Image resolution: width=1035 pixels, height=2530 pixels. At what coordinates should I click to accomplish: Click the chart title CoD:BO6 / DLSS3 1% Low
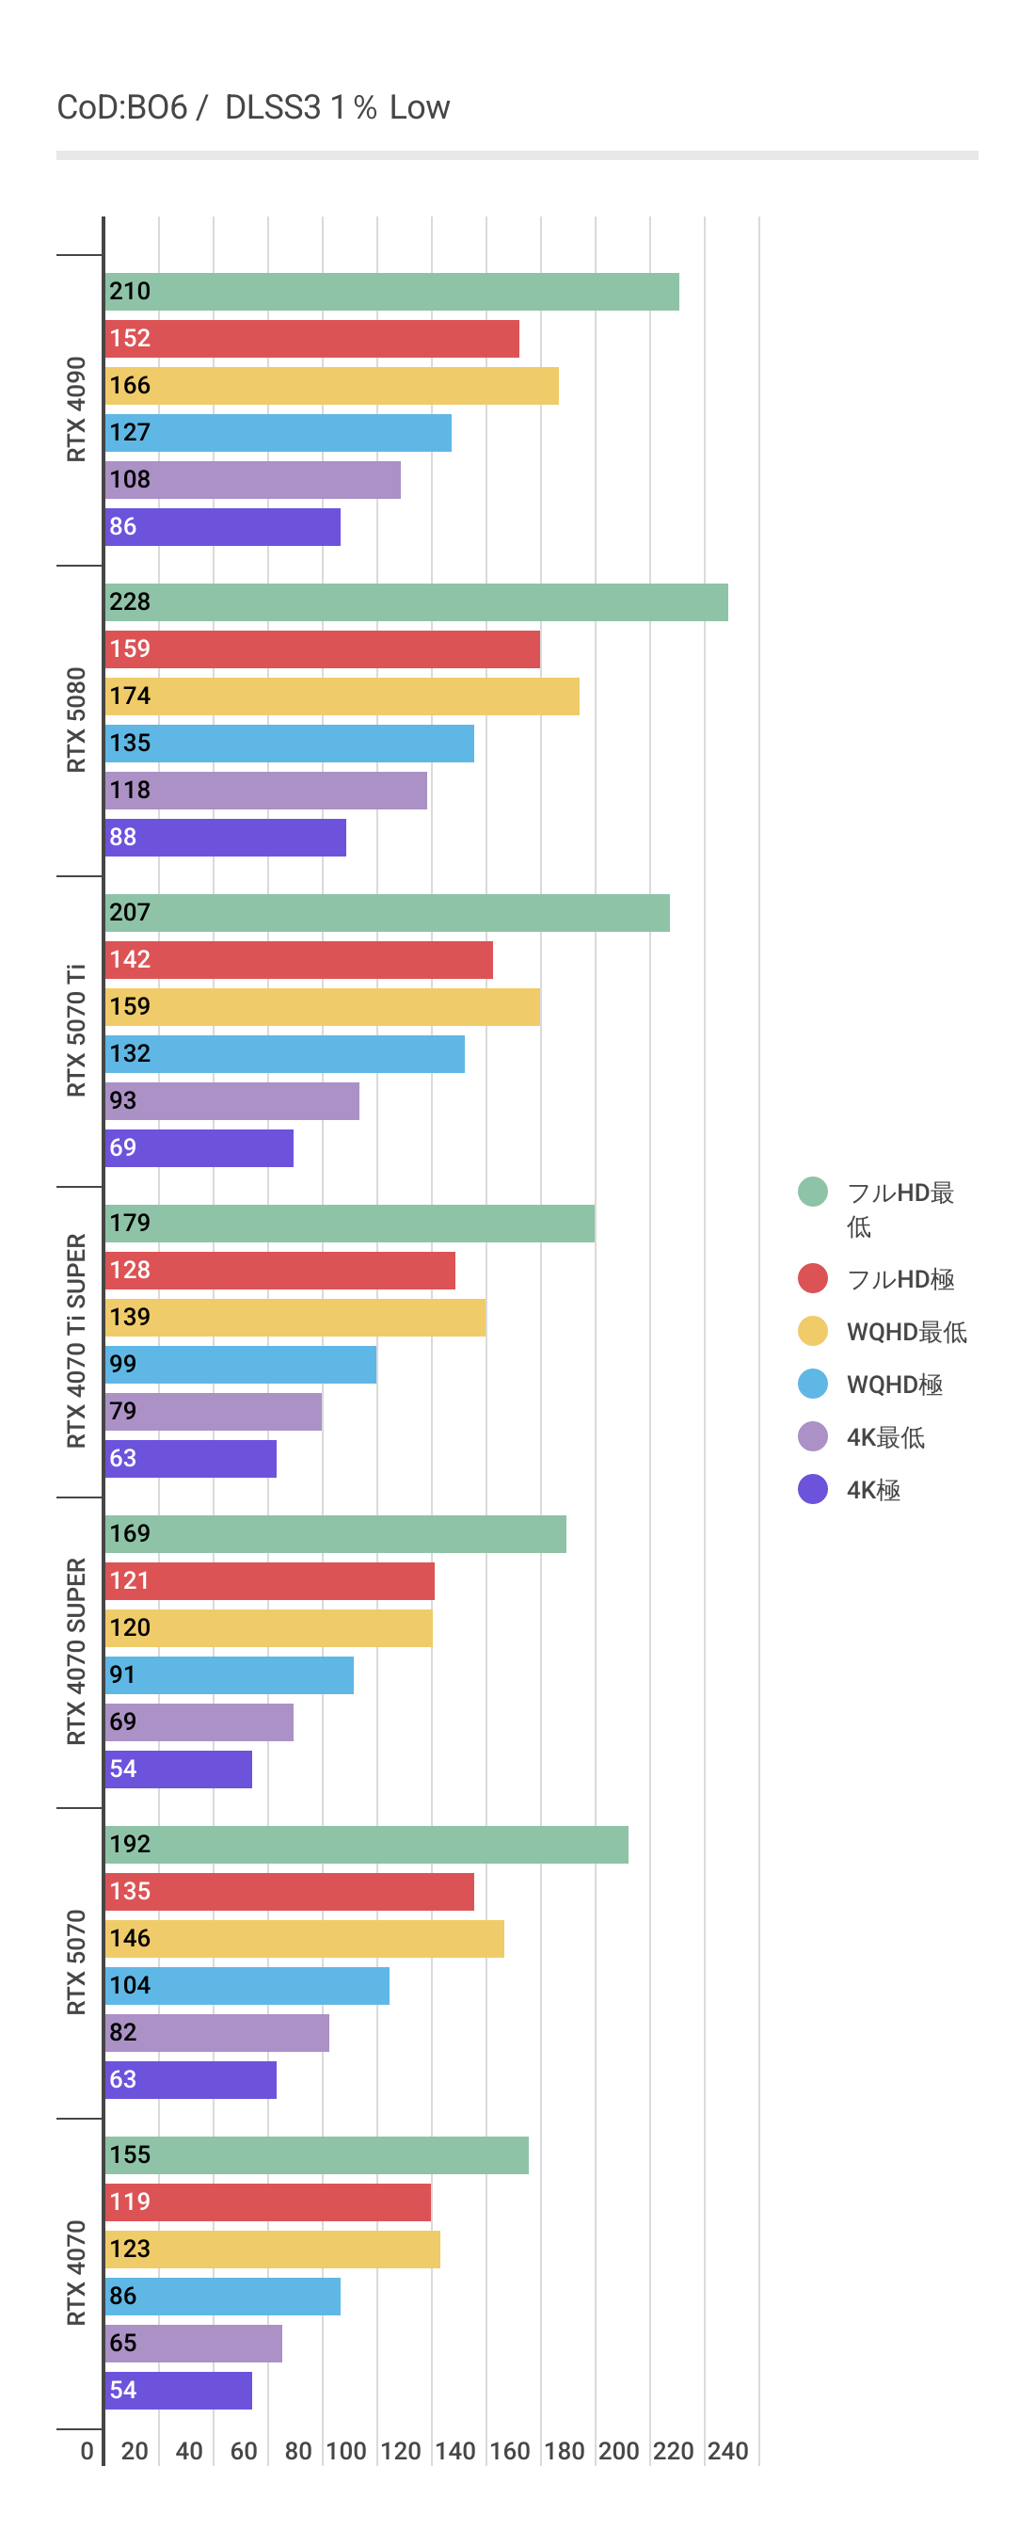(253, 107)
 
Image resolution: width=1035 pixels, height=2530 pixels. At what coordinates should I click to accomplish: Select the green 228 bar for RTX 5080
(417, 602)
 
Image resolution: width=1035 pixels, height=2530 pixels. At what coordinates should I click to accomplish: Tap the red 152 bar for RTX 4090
(312, 339)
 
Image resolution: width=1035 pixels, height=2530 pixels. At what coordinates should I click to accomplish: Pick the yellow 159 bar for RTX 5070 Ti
(322, 1007)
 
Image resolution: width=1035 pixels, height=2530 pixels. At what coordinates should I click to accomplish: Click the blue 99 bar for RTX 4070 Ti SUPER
(241, 1364)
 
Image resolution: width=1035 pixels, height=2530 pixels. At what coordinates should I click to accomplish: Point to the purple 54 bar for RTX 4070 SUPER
(179, 1769)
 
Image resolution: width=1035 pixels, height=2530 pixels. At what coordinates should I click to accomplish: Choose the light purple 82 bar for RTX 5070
(217, 2032)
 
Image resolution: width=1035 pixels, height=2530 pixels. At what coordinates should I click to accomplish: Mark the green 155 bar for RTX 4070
(316, 2154)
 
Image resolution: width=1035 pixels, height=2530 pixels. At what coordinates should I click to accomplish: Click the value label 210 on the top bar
(130, 292)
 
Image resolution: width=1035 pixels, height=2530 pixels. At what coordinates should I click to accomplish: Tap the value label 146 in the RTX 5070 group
(130, 1938)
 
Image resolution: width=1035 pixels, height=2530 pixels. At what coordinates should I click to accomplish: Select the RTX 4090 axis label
(76, 409)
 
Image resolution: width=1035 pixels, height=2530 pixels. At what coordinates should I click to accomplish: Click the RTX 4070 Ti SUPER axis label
(76, 1340)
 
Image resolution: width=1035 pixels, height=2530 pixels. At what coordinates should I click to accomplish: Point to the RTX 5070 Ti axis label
(76, 1031)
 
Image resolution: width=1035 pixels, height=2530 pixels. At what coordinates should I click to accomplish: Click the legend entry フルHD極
(900, 1279)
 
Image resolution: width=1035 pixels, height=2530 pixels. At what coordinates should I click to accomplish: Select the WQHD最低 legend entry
(905, 1332)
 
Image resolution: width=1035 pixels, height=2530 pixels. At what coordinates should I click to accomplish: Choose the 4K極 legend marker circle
(813, 1489)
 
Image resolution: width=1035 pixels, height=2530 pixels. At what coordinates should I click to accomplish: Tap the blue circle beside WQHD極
(813, 1384)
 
